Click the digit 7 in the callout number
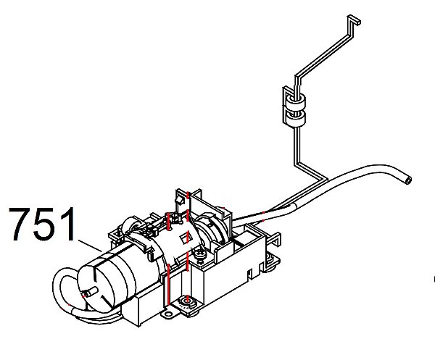(20, 226)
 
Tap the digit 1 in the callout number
(67, 226)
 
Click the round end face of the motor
(98, 282)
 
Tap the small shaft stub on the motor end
(88, 293)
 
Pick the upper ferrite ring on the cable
(294, 99)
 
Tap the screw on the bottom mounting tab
(188, 301)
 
